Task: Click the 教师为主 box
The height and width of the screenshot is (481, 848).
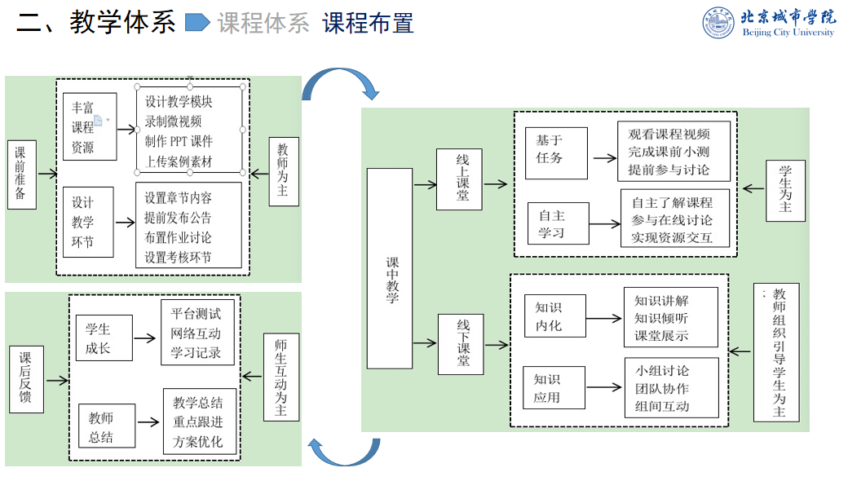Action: [282, 170]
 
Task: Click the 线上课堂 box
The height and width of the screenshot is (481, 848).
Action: [462, 180]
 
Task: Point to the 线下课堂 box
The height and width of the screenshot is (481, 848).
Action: [463, 343]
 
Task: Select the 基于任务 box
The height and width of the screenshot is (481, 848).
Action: [555, 152]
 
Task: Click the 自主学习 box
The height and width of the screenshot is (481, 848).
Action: [557, 224]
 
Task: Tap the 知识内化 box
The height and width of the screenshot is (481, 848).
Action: [554, 316]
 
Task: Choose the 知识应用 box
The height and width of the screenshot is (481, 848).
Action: [553, 388]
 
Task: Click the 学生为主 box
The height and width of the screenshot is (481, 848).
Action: [784, 190]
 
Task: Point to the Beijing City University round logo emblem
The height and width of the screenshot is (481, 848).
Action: [718, 22]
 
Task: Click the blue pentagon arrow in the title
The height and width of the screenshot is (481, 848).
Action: [197, 22]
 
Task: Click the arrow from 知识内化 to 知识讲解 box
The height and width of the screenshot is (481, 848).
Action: [604, 317]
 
